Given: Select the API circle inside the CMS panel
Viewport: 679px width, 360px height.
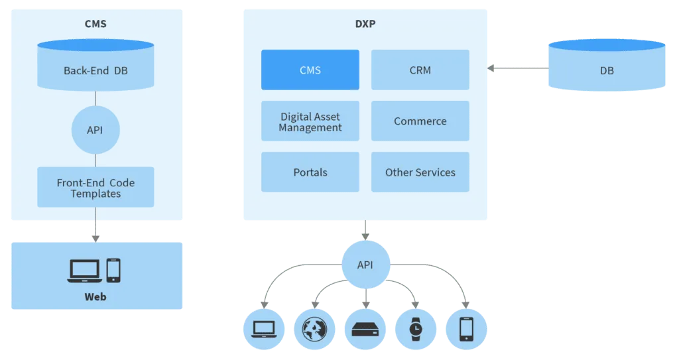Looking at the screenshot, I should [x=95, y=130].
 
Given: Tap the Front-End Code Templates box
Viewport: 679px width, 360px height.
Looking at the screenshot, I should [x=95, y=188].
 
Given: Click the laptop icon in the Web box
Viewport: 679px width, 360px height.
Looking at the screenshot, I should [x=84, y=271].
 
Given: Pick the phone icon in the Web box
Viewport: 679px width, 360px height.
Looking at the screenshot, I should [x=113, y=270].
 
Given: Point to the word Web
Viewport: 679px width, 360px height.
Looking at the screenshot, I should [x=95, y=296].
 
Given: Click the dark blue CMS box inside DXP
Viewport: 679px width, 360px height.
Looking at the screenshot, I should [x=310, y=70].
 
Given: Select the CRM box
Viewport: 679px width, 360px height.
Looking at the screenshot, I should [x=420, y=70].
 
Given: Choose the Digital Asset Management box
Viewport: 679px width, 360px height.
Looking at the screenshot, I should [x=310, y=121].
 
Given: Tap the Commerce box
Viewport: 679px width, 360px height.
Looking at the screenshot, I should [x=420, y=121].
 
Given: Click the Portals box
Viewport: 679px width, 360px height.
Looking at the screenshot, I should [x=310, y=172].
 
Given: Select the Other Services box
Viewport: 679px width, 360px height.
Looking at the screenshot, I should [x=420, y=172].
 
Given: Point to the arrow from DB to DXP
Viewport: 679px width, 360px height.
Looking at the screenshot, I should [x=517, y=68].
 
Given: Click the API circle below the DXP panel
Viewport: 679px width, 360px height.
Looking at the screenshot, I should [x=365, y=265].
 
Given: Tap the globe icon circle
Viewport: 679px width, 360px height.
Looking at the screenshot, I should [x=314, y=329].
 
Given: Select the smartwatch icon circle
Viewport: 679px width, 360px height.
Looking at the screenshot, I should [x=415, y=329].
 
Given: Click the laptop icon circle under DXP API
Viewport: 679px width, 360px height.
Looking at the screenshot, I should [x=263, y=329].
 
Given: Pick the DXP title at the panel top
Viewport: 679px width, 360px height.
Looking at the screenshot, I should [x=365, y=25].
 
